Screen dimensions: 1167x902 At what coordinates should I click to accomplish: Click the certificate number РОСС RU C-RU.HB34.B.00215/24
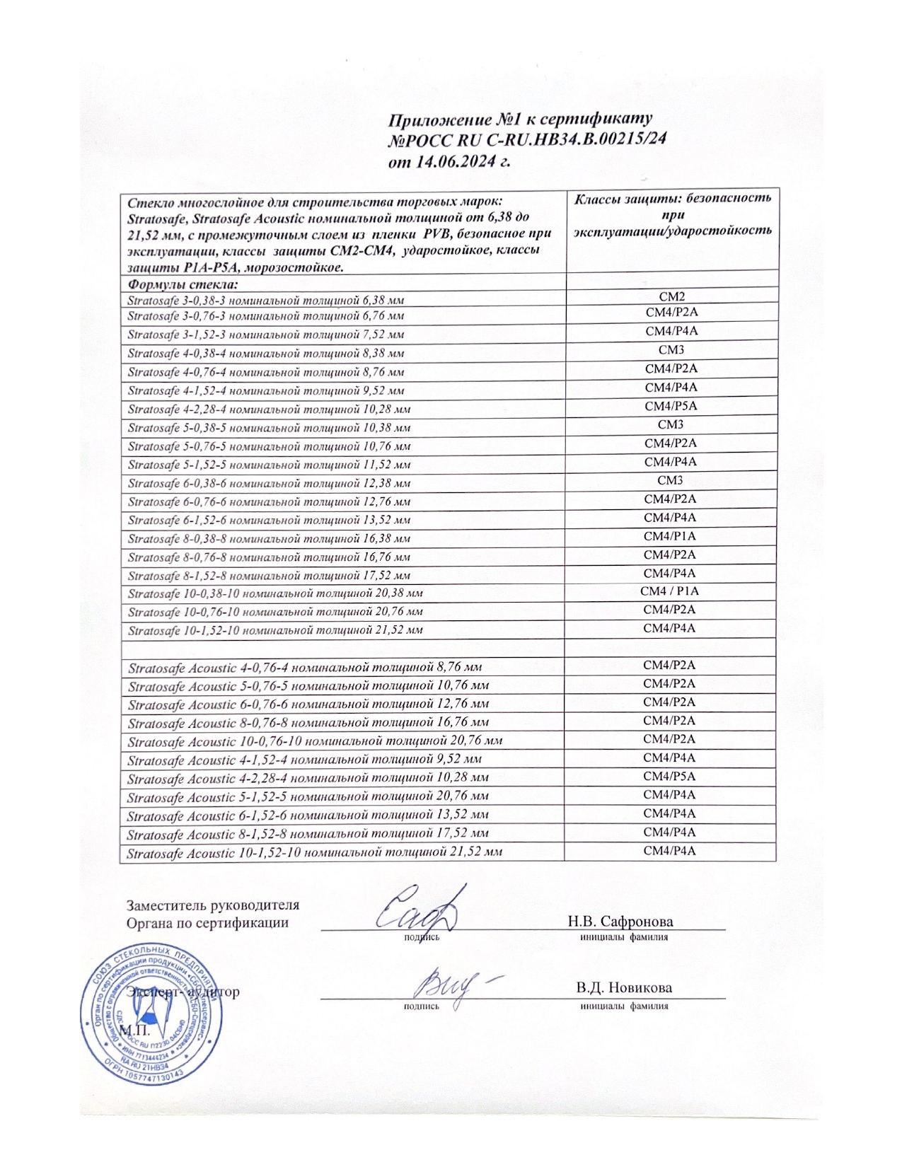(527, 140)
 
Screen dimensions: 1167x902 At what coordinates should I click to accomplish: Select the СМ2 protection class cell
(671, 296)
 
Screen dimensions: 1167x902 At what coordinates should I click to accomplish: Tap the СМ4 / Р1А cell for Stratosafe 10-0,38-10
(669, 591)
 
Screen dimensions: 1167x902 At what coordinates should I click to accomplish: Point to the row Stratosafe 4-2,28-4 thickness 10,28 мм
(269, 410)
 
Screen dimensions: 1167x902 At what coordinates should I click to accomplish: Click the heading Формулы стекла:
(183, 284)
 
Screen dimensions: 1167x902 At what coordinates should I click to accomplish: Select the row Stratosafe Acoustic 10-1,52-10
(315, 852)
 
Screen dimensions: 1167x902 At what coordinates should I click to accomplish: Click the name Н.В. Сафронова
(620, 922)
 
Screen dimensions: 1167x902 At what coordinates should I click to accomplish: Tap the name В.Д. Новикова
(623, 987)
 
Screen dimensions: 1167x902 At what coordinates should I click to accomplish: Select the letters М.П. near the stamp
(134, 1030)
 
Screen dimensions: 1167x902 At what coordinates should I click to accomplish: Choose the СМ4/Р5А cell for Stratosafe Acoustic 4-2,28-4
(669, 777)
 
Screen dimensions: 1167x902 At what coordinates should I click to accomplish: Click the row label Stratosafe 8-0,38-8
(269, 539)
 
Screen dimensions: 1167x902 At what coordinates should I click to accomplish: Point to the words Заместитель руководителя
(212, 905)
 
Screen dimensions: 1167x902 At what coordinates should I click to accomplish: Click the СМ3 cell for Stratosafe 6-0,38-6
(670, 481)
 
